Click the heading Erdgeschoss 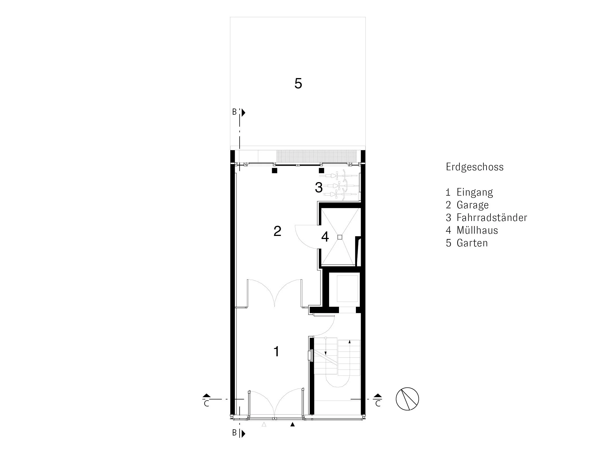(475, 167)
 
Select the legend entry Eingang (475, 193)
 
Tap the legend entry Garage (472, 205)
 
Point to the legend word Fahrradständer (492, 218)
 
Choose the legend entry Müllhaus (477, 230)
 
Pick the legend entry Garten (472, 243)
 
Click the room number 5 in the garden (298, 84)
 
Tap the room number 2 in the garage (277, 231)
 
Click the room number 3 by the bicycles (319, 188)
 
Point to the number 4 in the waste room (325, 237)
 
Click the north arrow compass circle (407, 399)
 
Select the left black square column (274, 171)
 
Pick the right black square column (321, 171)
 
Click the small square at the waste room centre (340, 237)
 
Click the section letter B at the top (234, 112)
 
